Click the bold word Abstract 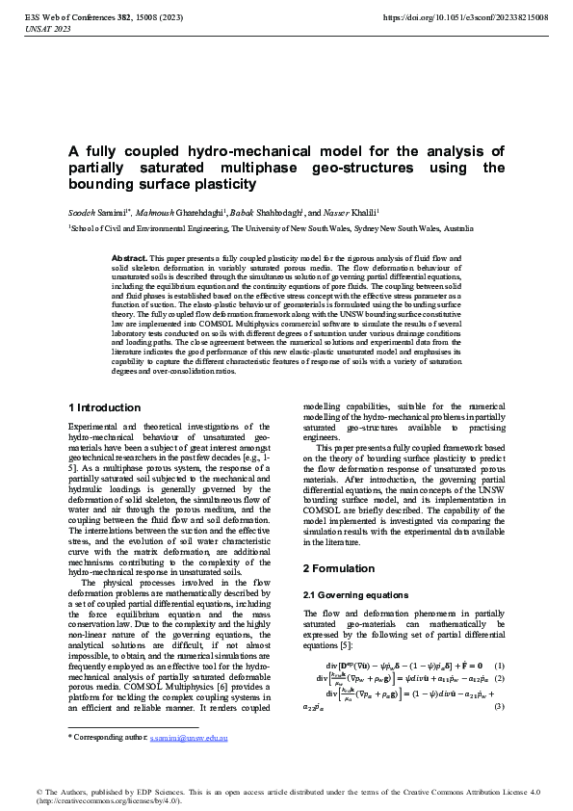coord(130,259)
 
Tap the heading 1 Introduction coord(105,407)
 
